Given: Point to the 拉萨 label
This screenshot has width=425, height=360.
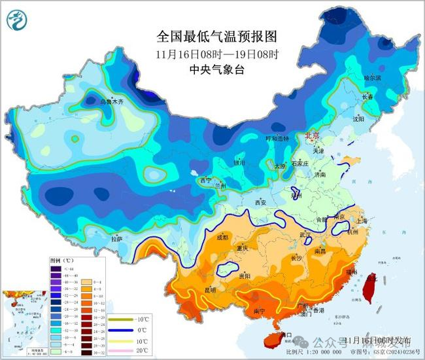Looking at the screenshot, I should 117,240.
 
